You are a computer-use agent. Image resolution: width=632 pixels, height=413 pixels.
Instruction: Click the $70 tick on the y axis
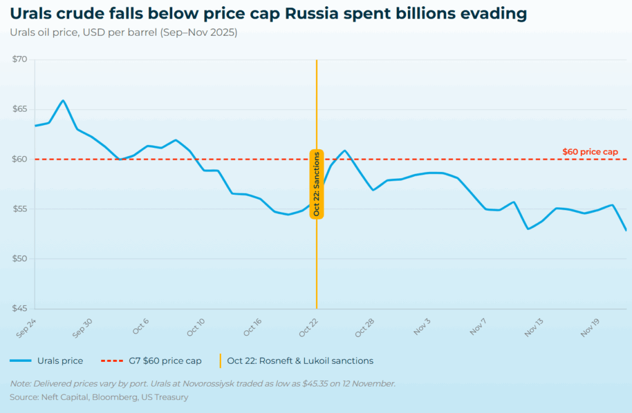pyautogui.click(x=20, y=60)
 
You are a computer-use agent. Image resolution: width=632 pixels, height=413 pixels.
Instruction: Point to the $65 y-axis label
pyautogui.click(x=20, y=109)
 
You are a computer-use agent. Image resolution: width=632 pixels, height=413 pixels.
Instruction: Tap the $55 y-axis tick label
pyautogui.click(x=20, y=209)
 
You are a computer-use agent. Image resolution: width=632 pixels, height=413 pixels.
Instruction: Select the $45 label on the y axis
pyautogui.click(x=20, y=309)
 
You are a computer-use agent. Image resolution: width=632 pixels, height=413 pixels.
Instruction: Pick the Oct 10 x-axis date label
pyautogui.click(x=196, y=327)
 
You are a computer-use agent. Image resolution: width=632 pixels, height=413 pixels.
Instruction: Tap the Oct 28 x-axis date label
pyautogui.click(x=364, y=327)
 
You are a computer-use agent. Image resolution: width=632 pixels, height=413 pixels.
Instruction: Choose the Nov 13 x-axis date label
pyautogui.click(x=533, y=327)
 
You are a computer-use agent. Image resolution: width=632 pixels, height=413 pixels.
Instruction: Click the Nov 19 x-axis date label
pyautogui.click(x=589, y=327)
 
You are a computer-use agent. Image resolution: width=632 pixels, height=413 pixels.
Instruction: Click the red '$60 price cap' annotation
pyautogui.click(x=590, y=151)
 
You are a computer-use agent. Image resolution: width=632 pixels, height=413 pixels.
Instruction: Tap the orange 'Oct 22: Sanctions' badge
pyautogui.click(x=317, y=184)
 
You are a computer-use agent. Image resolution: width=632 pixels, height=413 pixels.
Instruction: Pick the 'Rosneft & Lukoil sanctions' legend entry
pyautogui.click(x=300, y=361)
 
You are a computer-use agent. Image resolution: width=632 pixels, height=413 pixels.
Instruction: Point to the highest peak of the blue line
pyautogui.click(x=63, y=100)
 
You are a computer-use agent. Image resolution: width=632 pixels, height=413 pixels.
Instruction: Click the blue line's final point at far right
pyautogui.click(x=626, y=230)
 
